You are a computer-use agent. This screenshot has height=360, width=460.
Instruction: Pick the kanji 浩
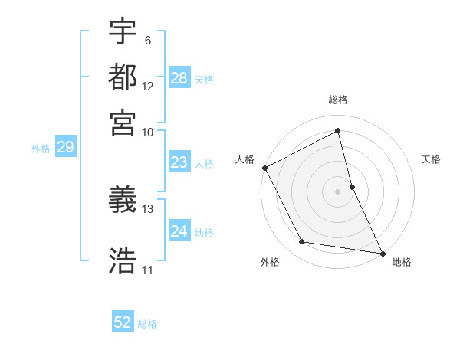(x=123, y=259)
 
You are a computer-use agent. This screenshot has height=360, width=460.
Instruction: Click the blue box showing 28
(x=179, y=78)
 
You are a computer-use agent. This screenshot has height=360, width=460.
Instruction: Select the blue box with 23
(x=179, y=162)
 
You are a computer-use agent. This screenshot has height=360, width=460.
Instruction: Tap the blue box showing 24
(x=179, y=231)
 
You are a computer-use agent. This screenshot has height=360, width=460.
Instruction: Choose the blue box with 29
(x=65, y=148)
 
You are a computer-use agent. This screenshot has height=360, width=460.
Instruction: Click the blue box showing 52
(x=123, y=322)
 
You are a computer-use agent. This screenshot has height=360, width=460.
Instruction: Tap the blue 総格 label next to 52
(x=147, y=324)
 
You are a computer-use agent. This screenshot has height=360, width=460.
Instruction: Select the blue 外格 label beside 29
(x=41, y=149)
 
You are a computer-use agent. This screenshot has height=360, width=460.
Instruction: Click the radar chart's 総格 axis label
(x=338, y=100)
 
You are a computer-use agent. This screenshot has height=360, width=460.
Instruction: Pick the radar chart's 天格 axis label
(x=431, y=159)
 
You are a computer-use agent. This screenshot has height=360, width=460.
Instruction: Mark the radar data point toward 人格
(x=264, y=168)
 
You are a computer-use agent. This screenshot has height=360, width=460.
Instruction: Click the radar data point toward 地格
(x=381, y=252)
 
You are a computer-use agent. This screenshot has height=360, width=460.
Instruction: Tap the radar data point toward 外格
(x=302, y=242)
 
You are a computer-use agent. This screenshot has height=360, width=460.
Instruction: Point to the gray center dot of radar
(x=338, y=191)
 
